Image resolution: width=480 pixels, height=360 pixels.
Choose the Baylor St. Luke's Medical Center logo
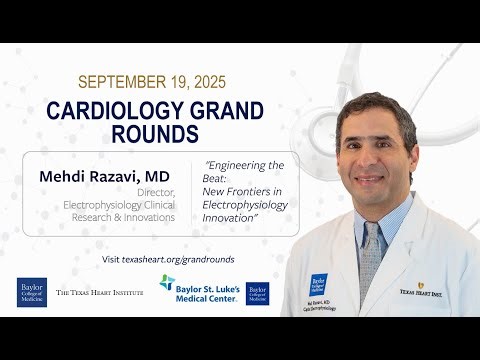pos(199,287)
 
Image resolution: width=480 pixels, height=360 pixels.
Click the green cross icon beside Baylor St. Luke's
pos(167,283)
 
